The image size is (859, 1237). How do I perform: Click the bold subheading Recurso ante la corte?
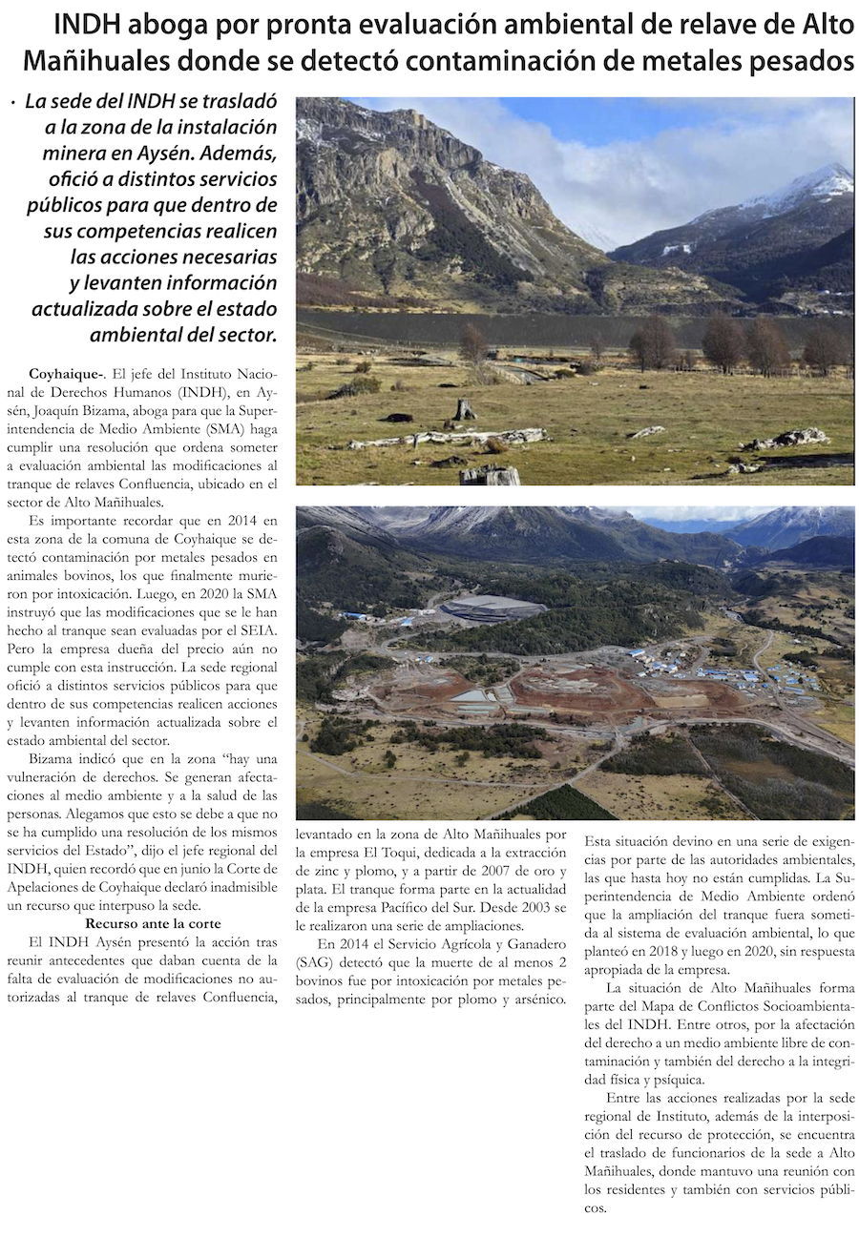153,923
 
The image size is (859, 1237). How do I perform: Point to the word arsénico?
534,1000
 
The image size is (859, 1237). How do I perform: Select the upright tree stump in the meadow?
465,409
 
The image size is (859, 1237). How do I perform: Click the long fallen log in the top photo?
449,438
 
